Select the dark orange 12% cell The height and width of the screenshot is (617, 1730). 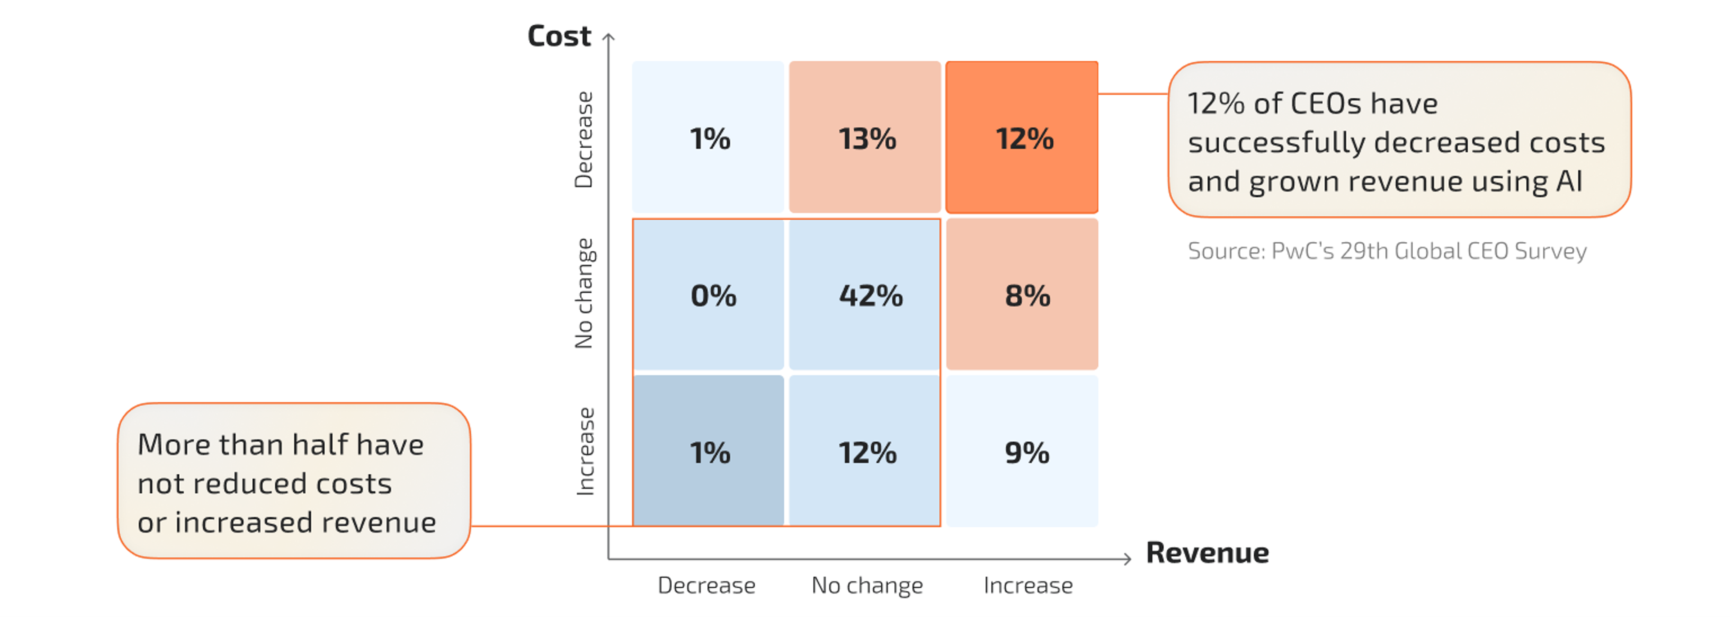click(x=1021, y=138)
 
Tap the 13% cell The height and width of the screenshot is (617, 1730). click(x=865, y=138)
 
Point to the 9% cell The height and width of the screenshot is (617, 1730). click(x=1021, y=452)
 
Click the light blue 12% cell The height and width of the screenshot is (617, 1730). click(x=865, y=452)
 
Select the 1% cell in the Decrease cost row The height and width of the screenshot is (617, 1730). click(x=709, y=138)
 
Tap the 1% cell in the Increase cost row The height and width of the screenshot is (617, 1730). click(x=709, y=452)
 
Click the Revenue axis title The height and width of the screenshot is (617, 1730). click(x=1207, y=553)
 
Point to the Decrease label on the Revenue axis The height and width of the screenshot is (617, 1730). click(x=706, y=585)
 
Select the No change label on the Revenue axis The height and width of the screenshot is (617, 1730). click(x=867, y=585)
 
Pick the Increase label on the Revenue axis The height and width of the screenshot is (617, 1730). click(x=1028, y=585)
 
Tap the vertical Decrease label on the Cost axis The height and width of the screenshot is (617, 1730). click(x=583, y=140)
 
